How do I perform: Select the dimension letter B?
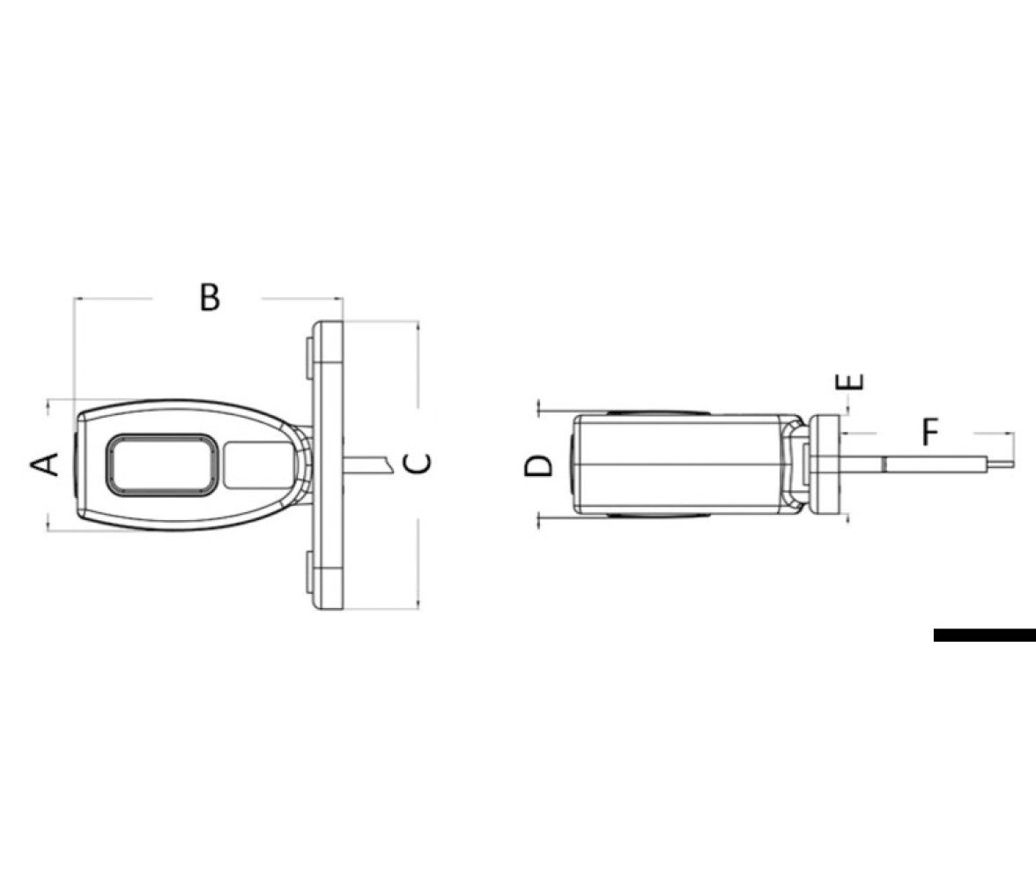point(210,297)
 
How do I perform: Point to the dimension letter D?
point(538,465)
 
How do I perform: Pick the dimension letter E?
point(849,382)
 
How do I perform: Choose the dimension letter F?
point(930,432)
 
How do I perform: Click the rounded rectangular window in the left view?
point(160,465)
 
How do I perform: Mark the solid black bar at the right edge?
point(985,635)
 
